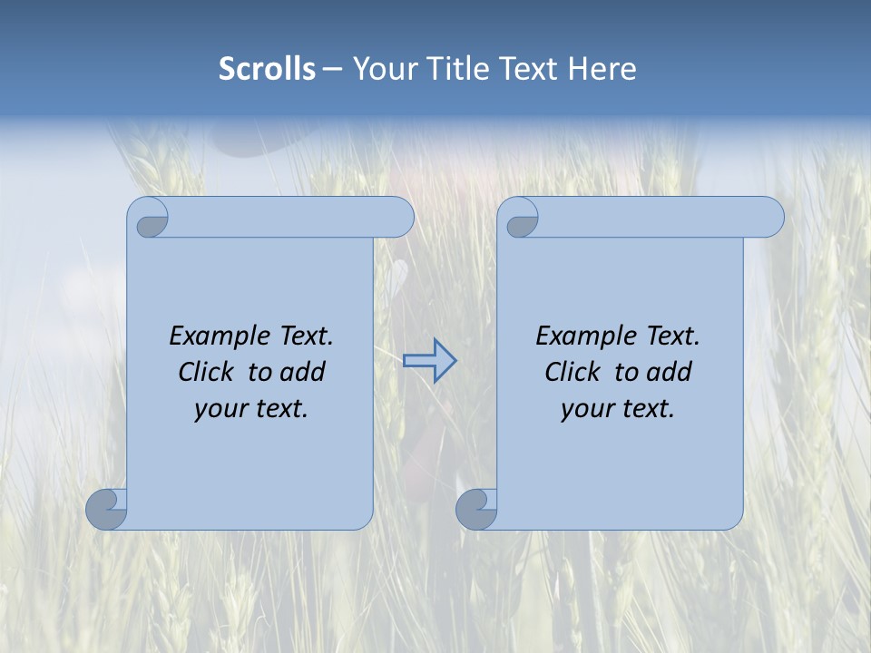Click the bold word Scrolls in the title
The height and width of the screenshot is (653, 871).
tap(267, 69)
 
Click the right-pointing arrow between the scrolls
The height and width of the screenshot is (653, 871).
tap(429, 361)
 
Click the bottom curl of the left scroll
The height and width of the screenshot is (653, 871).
tap(106, 508)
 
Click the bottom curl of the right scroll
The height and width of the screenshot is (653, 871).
tap(476, 508)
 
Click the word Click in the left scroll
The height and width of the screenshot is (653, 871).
tap(206, 372)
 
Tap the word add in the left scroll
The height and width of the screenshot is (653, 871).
tap(303, 372)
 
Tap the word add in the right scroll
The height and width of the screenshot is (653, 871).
tap(670, 372)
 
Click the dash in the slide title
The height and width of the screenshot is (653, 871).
tap(333, 70)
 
